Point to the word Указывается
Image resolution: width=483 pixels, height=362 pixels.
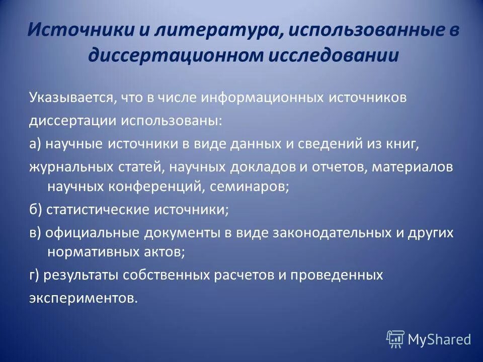(x=71, y=98)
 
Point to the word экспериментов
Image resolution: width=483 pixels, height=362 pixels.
(x=83, y=298)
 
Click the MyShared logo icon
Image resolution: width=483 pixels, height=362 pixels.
(x=395, y=339)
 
